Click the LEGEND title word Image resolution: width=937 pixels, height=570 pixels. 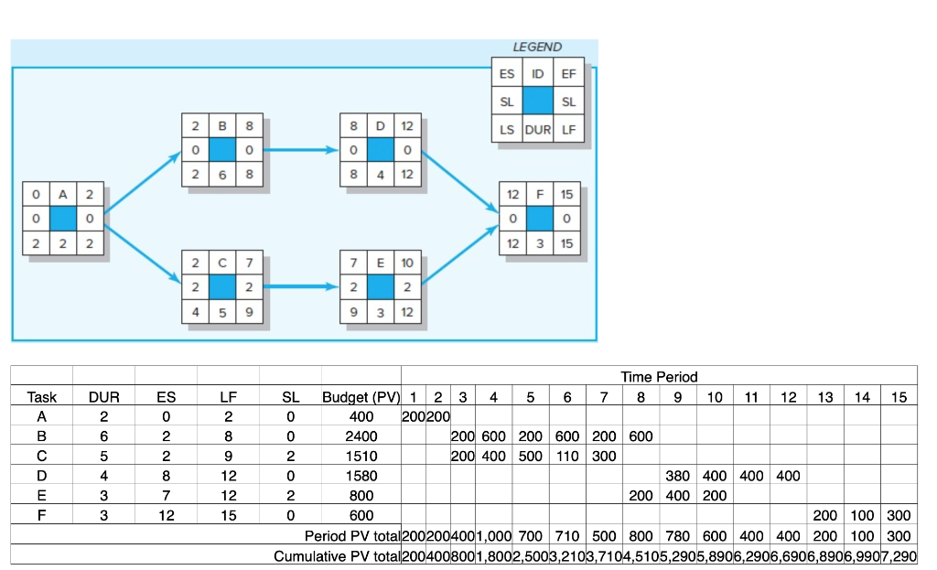pos(537,47)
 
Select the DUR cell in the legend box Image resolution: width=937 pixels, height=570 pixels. pos(537,130)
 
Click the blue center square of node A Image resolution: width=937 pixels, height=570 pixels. pos(63,220)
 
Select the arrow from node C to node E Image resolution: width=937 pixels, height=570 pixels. pos(301,286)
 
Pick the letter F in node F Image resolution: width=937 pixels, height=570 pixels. pos(540,194)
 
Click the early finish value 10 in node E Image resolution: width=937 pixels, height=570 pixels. pos(406,263)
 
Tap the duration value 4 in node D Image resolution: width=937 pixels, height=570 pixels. pos(380,172)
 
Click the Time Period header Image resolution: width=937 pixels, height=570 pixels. pos(658,376)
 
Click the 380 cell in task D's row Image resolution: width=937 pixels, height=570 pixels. pos(678,476)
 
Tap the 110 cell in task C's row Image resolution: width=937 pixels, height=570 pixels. pos(567,456)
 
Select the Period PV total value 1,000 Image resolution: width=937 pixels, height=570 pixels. pos(493,535)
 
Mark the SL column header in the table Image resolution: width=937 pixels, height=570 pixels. pos(290,397)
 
